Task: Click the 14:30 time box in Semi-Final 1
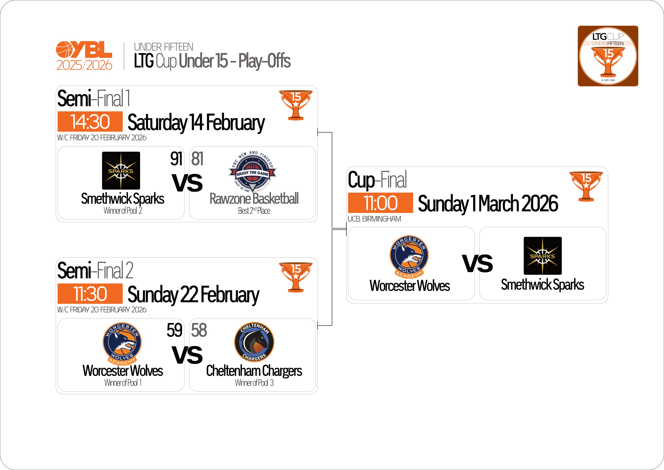point(90,122)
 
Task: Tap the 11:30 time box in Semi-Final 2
point(90,294)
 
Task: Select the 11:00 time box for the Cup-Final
point(380,203)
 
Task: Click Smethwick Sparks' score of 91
point(176,159)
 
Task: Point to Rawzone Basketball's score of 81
point(197,159)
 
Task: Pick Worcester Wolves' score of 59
point(174,330)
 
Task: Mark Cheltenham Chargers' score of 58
point(199,330)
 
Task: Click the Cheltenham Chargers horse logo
point(254,342)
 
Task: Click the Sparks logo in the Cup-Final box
point(543,256)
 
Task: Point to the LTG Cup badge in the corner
point(608,56)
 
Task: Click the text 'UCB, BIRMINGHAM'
point(374,219)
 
